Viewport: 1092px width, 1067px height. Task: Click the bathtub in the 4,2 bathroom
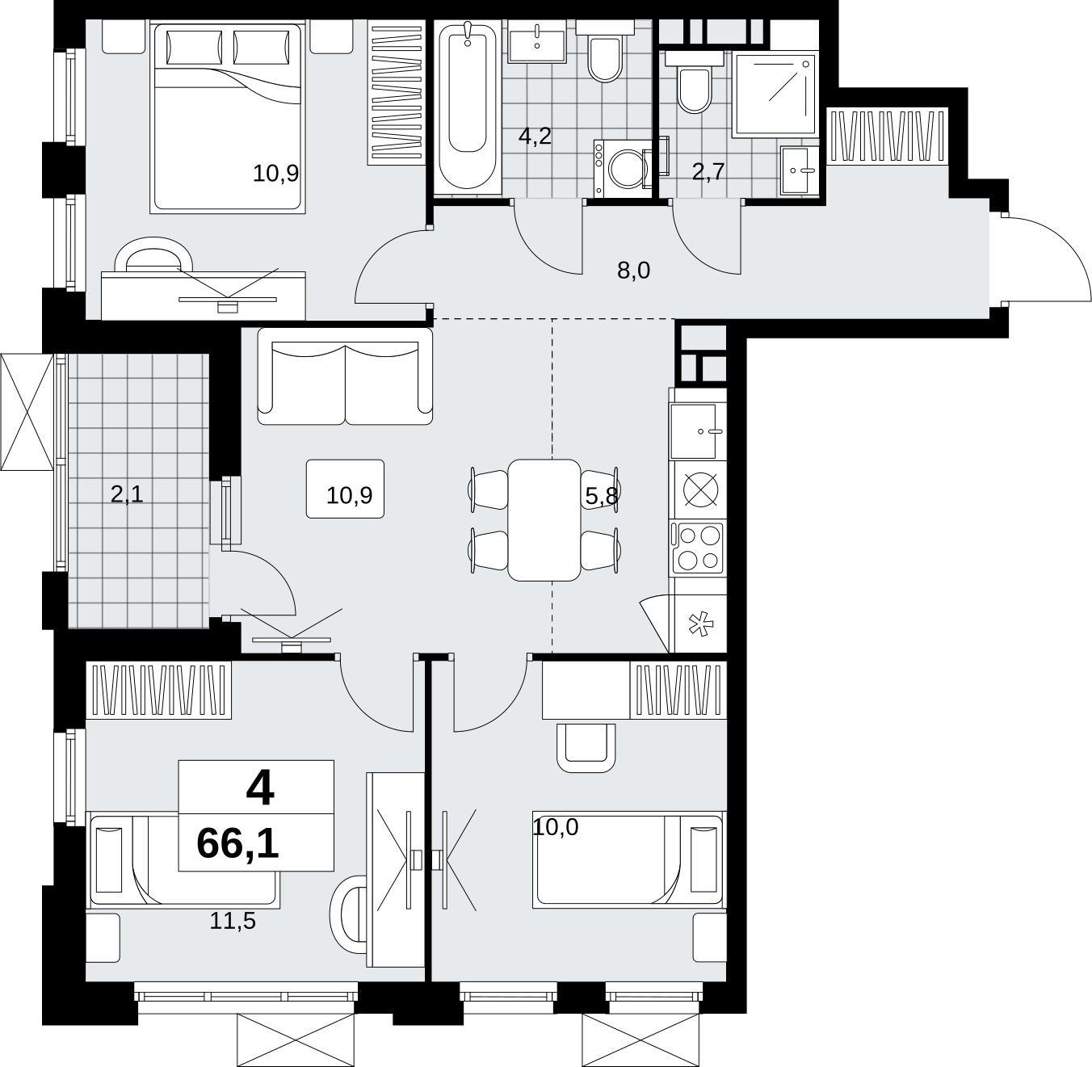pos(468,107)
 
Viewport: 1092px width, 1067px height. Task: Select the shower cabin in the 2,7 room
pos(775,95)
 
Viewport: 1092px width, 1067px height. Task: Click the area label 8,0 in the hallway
pos(633,271)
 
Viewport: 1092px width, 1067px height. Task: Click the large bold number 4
pos(260,788)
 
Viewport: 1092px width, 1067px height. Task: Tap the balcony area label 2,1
pos(128,494)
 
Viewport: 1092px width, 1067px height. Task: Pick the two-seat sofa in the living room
pos(345,376)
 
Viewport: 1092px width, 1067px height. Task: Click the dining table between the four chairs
pos(544,519)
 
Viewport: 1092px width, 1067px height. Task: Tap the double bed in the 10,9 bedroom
pos(228,118)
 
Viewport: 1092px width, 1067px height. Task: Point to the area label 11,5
pos(233,921)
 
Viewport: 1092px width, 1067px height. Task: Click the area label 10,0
pos(556,827)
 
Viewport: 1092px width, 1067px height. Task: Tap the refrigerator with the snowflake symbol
pos(699,624)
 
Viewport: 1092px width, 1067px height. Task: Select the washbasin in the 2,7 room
pos(800,170)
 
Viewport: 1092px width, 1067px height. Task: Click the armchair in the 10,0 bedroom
pos(586,748)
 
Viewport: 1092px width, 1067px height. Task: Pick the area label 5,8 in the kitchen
pos(602,496)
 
